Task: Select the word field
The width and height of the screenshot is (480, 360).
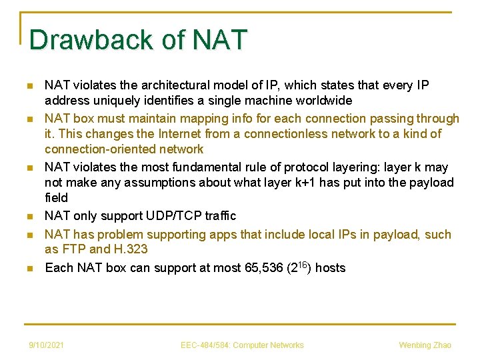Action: (56, 198)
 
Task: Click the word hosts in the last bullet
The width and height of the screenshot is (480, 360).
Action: (330, 268)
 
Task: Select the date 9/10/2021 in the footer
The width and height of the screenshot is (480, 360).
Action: (46, 345)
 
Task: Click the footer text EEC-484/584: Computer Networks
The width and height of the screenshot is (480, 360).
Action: (242, 345)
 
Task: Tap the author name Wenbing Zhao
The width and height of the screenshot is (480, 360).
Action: (425, 345)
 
